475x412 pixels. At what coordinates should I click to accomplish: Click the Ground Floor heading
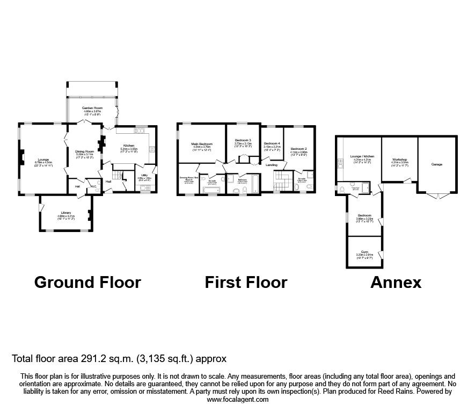coord(87,282)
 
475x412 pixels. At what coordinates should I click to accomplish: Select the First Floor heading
coord(246,282)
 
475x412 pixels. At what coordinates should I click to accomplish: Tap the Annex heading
coord(396,282)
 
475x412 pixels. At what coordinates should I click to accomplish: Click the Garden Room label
coord(92,109)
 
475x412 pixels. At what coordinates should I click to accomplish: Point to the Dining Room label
coord(84,151)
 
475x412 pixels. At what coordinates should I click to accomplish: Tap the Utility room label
coord(144,175)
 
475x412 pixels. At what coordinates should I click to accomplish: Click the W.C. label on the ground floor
coord(93,186)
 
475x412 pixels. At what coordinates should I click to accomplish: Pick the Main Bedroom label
coord(202,144)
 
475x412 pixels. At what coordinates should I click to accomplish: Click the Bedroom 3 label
coord(243,141)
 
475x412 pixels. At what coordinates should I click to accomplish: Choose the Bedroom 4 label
coord(272,143)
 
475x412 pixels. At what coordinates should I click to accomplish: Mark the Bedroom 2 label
coord(298,149)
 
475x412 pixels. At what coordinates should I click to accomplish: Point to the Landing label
coord(272,165)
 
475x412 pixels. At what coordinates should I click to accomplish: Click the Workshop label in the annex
coord(399,160)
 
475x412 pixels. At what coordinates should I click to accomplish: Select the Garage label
coord(437,164)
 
